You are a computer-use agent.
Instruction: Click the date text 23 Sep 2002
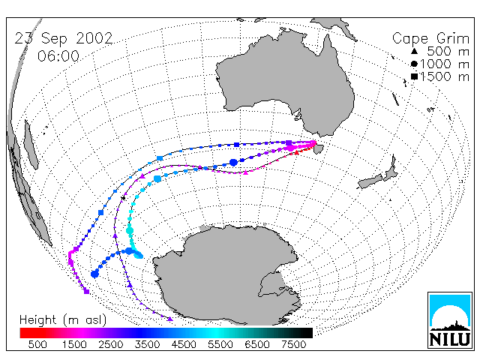[64, 39]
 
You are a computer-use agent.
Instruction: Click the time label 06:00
[58, 56]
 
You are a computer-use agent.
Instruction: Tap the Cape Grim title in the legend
[430, 39]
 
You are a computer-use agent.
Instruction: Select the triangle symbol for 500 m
[414, 51]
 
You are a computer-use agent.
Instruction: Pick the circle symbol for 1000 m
[414, 64]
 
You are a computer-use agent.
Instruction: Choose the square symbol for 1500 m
[414, 76]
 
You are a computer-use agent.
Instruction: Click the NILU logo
[450, 320]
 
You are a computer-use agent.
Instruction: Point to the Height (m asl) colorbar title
[63, 320]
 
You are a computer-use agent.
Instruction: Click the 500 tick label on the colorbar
[37, 345]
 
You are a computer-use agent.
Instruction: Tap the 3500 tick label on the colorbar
[147, 345]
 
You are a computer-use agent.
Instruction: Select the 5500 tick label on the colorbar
[220, 345]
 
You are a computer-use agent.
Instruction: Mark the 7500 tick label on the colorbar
[293, 345]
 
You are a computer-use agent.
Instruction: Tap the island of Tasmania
[318, 148]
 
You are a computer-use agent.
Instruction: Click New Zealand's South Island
[370, 181]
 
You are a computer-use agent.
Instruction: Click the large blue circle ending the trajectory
[95, 274]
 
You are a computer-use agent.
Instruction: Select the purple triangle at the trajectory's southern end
[170, 319]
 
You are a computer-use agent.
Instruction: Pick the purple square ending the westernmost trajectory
[87, 292]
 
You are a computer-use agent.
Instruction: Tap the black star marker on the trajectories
[123, 198]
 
